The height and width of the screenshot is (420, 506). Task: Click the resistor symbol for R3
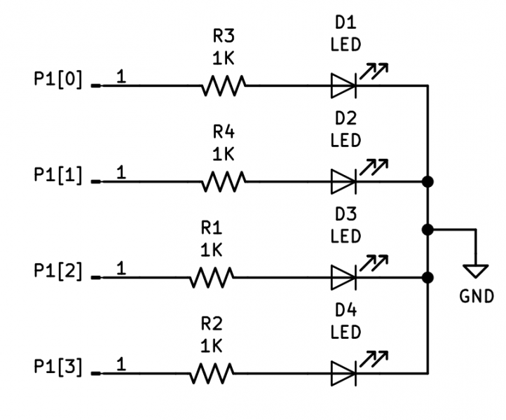(x=224, y=86)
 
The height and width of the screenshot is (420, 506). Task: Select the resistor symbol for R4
(x=224, y=182)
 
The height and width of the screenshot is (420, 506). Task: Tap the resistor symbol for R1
(x=211, y=278)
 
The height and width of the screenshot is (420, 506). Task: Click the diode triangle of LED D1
(x=343, y=86)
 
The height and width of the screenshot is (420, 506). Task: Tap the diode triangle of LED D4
(x=343, y=373)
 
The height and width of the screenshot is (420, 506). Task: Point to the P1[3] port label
(x=58, y=366)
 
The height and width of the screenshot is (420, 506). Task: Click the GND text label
(x=477, y=296)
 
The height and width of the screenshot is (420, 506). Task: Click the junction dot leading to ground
(x=428, y=230)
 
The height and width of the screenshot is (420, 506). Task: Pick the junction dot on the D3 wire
(x=428, y=278)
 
